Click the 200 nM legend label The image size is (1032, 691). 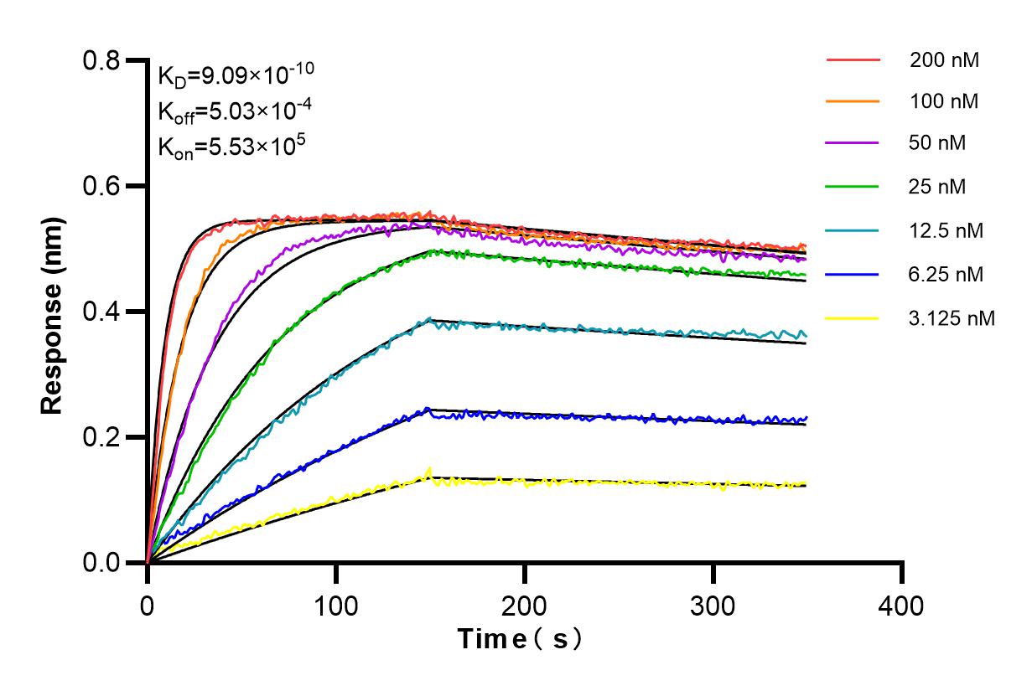[944, 60]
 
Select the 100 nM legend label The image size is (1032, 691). [944, 101]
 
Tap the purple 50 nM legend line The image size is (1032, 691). [853, 144]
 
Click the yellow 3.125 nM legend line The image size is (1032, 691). [853, 318]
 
